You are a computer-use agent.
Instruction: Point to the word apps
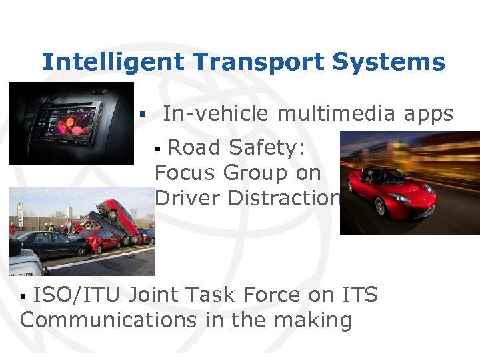pyautogui.click(x=429, y=115)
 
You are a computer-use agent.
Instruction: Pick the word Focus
pyautogui.click(x=185, y=173)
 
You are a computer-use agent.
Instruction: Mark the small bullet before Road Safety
pyautogui.click(x=158, y=147)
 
